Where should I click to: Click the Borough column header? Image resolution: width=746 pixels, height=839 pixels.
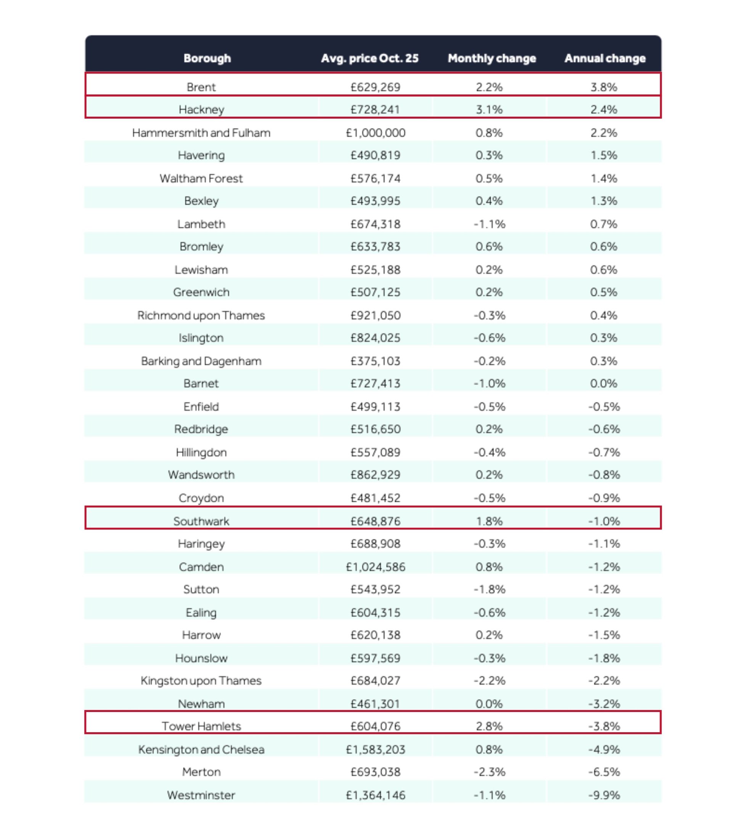(x=207, y=58)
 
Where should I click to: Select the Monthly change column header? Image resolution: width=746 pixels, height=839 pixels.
(x=492, y=58)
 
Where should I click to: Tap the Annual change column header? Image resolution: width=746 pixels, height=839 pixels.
(x=605, y=58)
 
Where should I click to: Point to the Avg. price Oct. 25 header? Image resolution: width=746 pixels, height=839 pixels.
(x=370, y=58)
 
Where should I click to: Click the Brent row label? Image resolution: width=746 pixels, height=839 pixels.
(x=201, y=87)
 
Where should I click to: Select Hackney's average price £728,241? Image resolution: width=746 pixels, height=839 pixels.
(x=375, y=109)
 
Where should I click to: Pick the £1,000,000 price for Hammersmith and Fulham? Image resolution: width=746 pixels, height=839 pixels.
(x=375, y=133)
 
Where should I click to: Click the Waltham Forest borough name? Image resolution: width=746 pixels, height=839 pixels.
(x=201, y=178)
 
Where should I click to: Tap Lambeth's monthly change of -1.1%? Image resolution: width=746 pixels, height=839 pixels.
(x=489, y=224)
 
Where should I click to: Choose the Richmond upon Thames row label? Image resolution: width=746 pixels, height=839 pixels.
(x=201, y=315)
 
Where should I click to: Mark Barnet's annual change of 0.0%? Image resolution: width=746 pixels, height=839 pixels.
(x=603, y=383)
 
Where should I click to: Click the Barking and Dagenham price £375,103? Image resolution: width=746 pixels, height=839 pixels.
(x=375, y=361)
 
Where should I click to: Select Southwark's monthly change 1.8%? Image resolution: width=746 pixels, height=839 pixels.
(x=489, y=521)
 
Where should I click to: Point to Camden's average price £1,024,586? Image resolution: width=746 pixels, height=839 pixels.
(x=375, y=567)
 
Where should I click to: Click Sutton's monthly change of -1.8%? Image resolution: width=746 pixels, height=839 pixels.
(x=489, y=590)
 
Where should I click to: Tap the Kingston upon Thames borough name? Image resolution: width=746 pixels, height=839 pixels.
(x=201, y=681)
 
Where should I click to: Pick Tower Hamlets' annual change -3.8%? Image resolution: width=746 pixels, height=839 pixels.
(x=603, y=726)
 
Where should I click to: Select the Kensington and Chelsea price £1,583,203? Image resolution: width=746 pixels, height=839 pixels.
(x=375, y=749)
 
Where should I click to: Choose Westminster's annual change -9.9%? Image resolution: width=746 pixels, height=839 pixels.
(x=603, y=795)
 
